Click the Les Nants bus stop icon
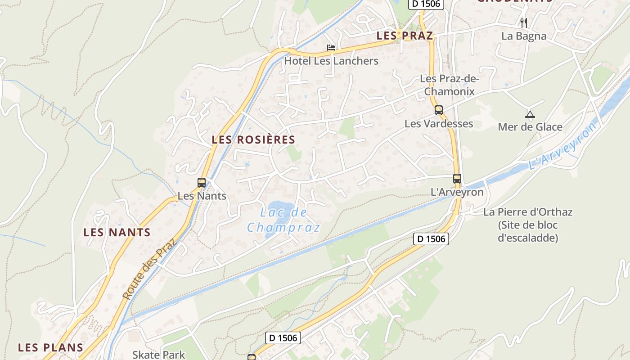click(202, 182)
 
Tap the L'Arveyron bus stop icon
click(457, 178)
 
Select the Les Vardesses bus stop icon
click(439, 110)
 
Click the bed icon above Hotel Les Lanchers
click(331, 47)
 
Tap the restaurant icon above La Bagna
click(524, 22)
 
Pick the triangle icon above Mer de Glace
click(530, 114)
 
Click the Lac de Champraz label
click(283, 220)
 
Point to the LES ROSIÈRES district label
click(253, 140)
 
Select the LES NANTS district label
click(117, 233)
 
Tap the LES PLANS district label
click(51, 347)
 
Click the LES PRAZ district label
click(405, 36)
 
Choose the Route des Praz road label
click(149, 269)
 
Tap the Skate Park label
click(158, 355)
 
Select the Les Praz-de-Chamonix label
click(450, 85)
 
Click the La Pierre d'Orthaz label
click(528, 212)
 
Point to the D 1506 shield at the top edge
click(426, 4)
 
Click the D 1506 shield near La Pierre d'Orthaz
click(431, 239)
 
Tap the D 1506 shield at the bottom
click(283, 337)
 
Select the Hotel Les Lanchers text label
click(331, 61)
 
